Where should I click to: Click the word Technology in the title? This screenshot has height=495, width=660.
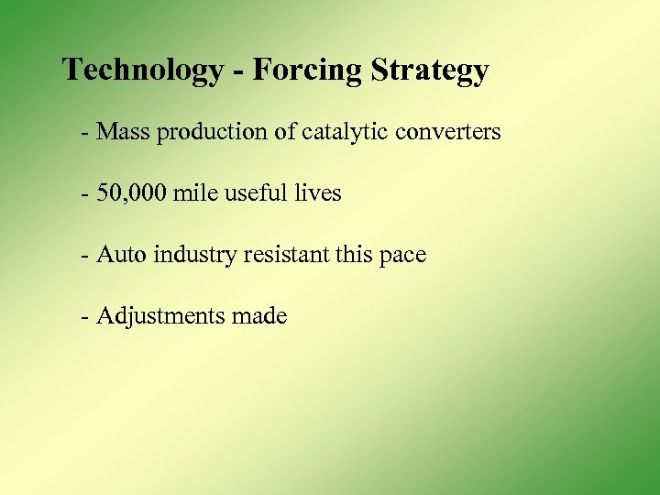coord(143,71)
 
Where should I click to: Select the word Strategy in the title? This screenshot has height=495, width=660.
coord(431,71)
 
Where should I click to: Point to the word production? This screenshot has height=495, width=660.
coord(214,133)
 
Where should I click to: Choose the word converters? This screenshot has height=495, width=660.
coord(448,132)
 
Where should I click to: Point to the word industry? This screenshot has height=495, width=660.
coord(193,255)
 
